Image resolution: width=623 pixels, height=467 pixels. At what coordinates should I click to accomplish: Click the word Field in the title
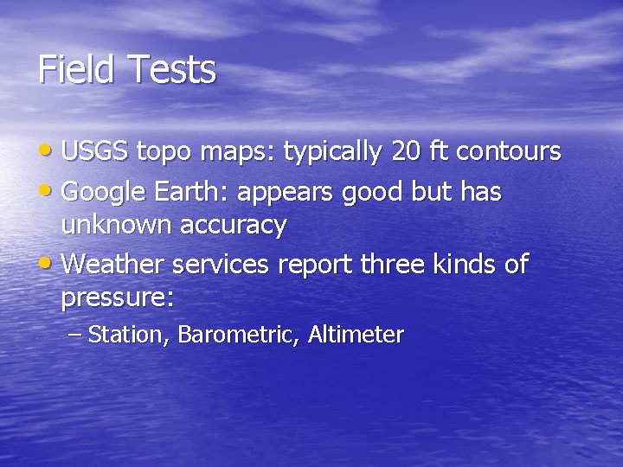[79, 69]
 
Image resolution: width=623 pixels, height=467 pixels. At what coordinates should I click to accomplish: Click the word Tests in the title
[172, 69]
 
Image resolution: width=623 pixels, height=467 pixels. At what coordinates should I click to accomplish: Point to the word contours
[508, 152]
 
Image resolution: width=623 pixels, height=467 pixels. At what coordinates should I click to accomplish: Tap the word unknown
[117, 226]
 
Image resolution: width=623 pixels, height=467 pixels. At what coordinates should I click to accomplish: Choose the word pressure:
[118, 300]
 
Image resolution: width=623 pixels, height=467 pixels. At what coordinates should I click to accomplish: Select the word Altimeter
[356, 335]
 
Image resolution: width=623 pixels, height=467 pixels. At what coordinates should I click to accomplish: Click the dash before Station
[74, 335]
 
